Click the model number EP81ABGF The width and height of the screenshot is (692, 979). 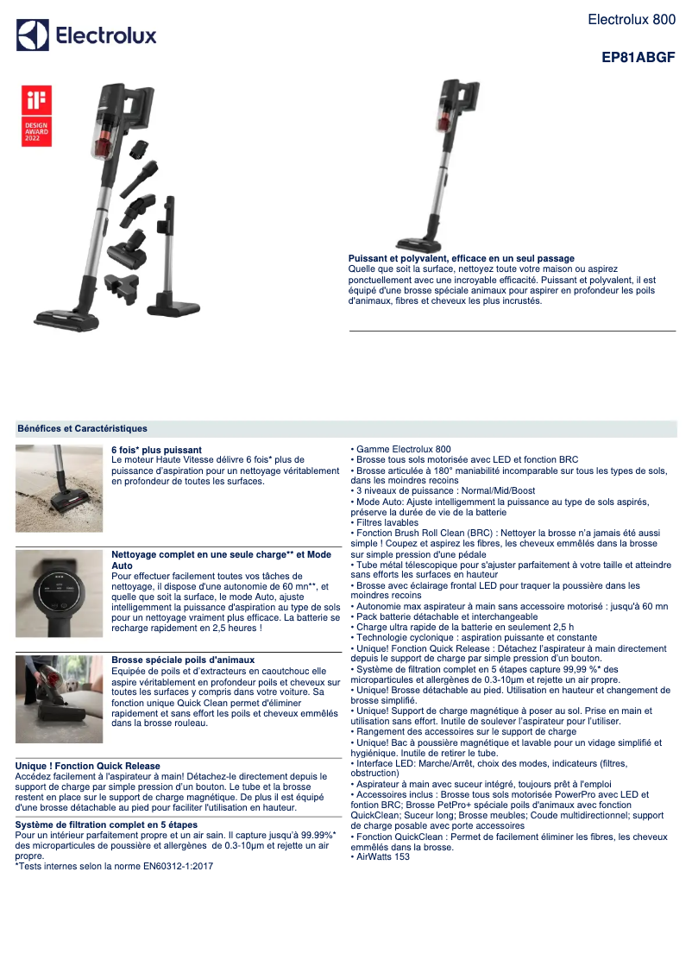pos(638,59)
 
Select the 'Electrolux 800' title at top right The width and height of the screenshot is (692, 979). pos(632,19)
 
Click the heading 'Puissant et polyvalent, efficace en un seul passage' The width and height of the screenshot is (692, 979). pos(461,259)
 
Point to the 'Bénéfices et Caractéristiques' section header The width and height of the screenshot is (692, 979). pos(82,428)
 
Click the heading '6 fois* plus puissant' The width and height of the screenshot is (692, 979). pos(157,450)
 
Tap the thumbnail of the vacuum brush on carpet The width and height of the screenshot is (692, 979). pos(59,488)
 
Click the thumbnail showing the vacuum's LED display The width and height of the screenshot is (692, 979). pos(59,593)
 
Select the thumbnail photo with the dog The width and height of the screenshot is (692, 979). pos(59,698)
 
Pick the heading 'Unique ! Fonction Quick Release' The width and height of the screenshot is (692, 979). pos(88,766)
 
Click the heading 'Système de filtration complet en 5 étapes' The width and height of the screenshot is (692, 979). pos(107,824)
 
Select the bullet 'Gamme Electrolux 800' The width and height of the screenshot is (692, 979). pos(402,450)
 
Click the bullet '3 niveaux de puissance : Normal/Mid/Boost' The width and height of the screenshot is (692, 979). pos(444,490)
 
